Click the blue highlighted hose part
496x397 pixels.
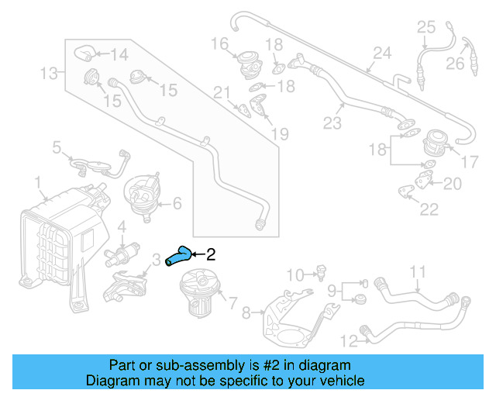(x=177, y=257)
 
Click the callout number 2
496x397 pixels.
(x=211, y=253)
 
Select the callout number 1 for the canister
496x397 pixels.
(x=38, y=182)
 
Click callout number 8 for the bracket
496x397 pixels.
(x=246, y=313)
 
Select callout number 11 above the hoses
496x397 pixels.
(x=418, y=271)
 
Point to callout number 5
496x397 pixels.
(x=57, y=146)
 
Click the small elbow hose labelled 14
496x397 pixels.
(x=85, y=53)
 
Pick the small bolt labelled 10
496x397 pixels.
(x=317, y=272)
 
